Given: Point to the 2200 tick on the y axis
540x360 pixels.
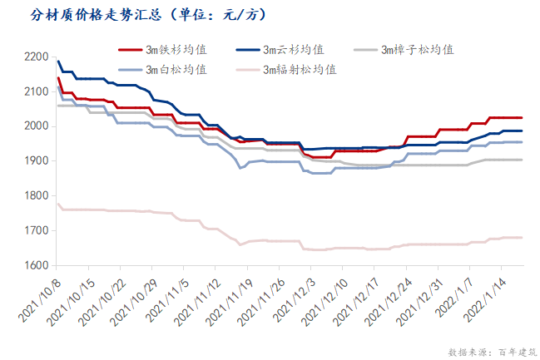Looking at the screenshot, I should tap(37, 57).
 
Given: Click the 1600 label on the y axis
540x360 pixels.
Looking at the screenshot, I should tap(37, 265).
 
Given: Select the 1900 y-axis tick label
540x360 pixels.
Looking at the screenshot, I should tap(37, 161).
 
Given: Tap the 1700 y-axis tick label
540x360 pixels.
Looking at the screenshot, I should tap(37, 230).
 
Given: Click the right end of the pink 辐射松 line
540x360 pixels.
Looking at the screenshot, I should tap(522, 238).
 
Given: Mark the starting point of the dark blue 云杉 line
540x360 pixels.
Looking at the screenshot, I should tap(57, 61).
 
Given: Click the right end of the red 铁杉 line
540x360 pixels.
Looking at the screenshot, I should tap(522, 118).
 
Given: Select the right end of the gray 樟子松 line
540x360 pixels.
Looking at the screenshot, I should tap(522, 160).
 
